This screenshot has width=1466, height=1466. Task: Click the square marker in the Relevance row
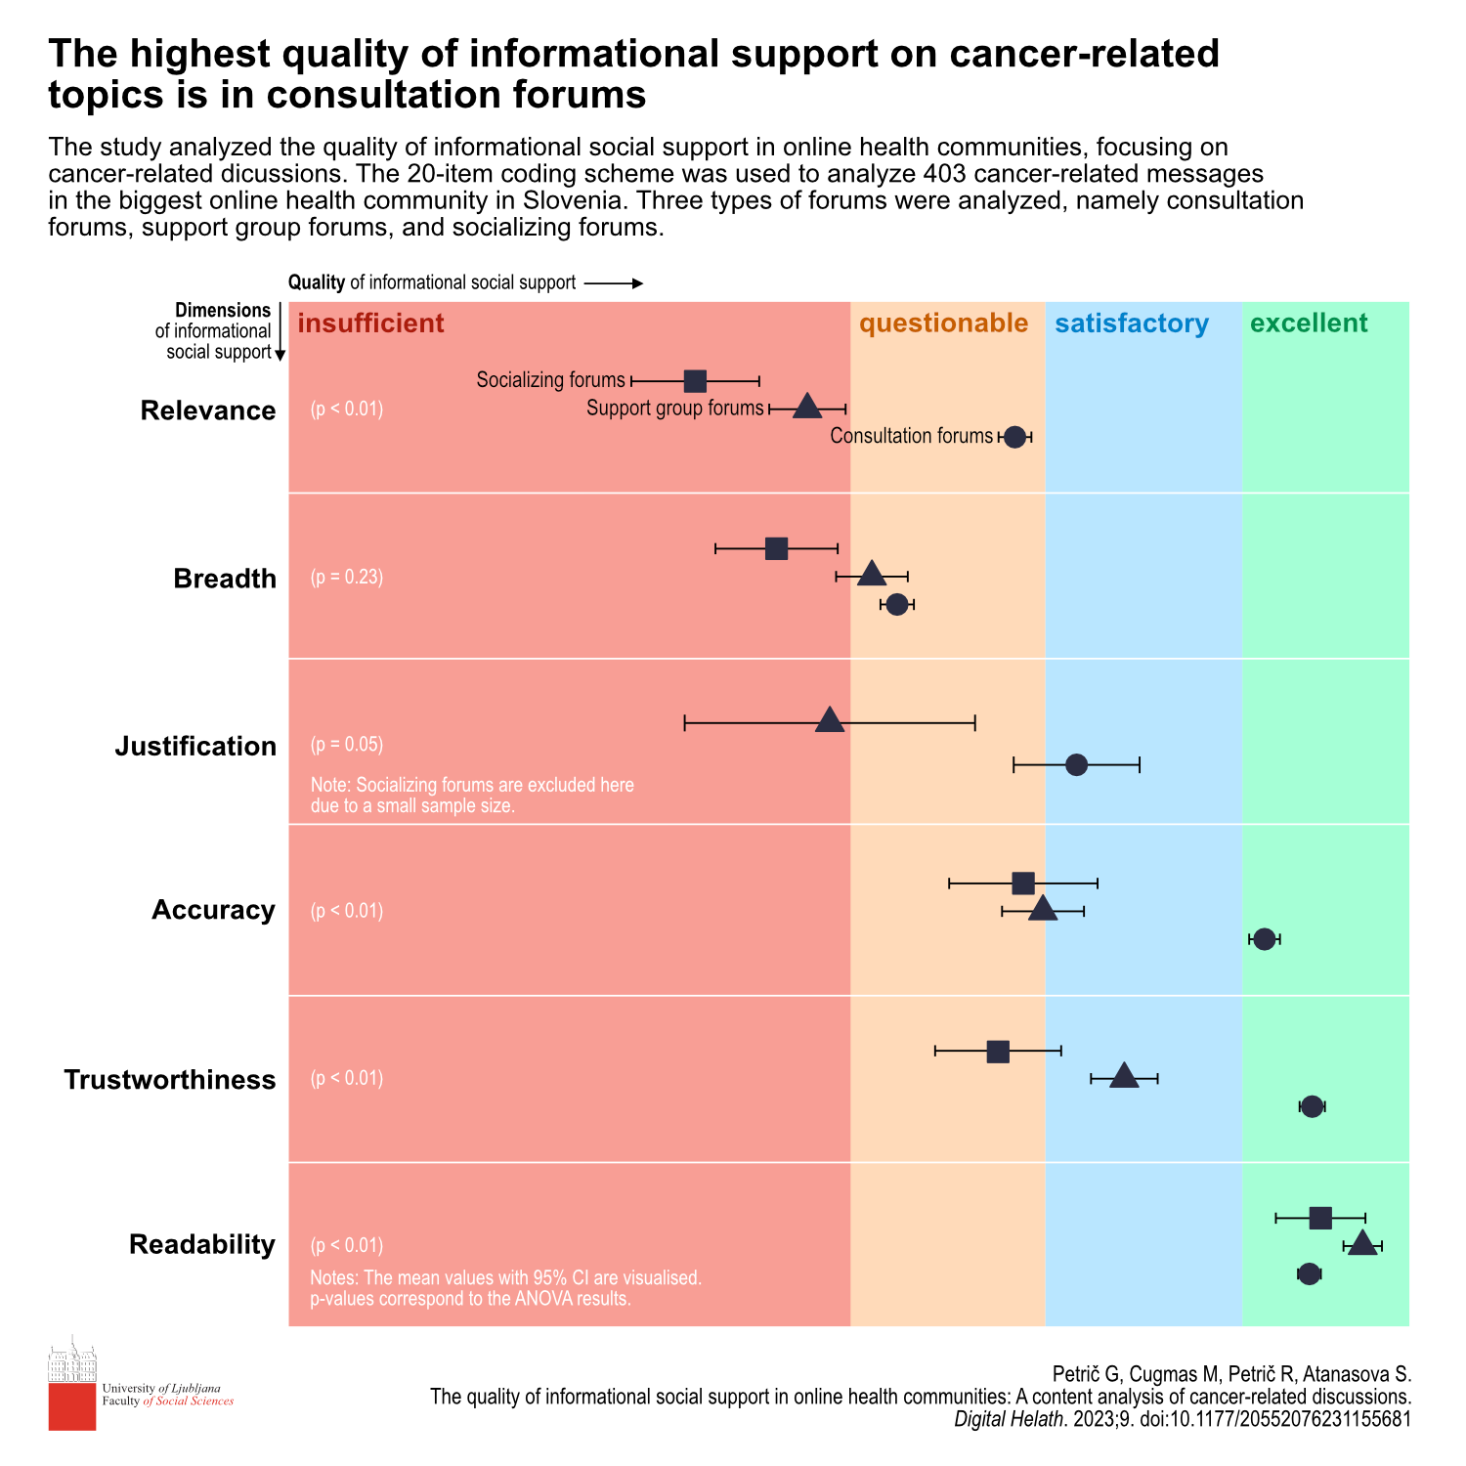[695, 381]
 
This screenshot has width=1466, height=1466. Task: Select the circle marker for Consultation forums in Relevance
[1014, 437]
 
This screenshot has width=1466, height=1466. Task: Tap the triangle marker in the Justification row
[829, 721]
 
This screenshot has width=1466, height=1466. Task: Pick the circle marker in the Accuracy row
[1264, 939]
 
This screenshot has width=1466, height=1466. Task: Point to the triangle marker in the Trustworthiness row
[1124, 1076]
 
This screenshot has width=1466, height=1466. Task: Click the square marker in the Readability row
[1320, 1218]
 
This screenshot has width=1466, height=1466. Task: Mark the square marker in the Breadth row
[776, 548]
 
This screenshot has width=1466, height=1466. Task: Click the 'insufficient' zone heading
[370, 323]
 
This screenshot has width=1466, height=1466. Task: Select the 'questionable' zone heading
[943, 323]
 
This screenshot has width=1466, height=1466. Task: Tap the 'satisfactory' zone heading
[1132, 323]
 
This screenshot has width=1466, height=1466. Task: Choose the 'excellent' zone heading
[1309, 323]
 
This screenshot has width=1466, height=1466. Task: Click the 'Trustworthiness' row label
[170, 1080]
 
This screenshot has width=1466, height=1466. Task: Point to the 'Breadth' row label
[225, 579]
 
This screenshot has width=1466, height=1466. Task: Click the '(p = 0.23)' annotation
[347, 578]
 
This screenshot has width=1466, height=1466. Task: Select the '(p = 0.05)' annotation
[347, 745]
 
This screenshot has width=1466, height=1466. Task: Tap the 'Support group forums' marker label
[674, 409]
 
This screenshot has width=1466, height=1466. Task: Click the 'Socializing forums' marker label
[550, 380]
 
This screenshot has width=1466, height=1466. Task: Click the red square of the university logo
[72, 1407]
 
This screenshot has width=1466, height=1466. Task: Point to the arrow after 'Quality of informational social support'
[614, 283]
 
